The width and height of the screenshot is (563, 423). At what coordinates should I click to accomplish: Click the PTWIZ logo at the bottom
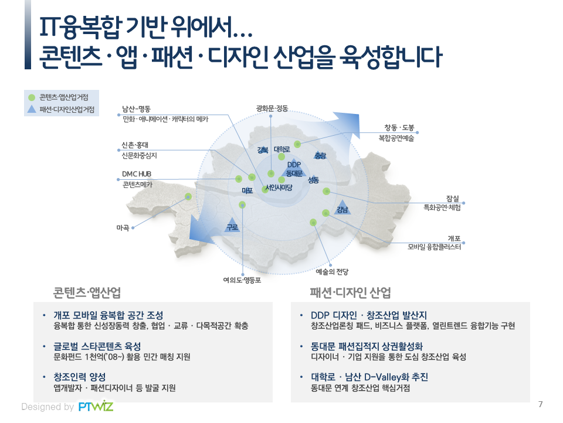(96, 406)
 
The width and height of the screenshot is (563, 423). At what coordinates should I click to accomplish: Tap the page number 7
(540, 404)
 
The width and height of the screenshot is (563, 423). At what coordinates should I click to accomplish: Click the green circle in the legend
(32, 98)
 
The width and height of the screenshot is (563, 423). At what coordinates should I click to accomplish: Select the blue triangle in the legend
(32, 109)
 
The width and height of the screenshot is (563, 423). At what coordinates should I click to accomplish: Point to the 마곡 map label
(123, 228)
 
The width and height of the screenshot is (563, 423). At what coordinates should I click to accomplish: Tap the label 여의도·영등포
(242, 280)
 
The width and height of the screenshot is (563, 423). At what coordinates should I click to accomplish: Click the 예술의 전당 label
(332, 271)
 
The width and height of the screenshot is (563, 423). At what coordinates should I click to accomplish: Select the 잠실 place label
(453, 199)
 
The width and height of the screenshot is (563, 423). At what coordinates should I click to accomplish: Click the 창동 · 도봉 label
(399, 127)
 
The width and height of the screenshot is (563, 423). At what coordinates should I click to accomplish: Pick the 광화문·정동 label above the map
(272, 108)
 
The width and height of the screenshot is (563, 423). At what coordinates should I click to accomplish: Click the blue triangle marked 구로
(232, 225)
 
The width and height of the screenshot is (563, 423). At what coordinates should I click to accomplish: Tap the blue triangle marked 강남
(342, 207)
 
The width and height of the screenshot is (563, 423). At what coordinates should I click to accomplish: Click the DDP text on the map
(294, 164)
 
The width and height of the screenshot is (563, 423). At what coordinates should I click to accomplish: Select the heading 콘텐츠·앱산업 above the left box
(87, 293)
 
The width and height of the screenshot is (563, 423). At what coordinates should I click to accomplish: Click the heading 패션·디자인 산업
(351, 293)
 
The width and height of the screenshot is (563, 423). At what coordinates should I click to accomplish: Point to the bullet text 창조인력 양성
(80, 377)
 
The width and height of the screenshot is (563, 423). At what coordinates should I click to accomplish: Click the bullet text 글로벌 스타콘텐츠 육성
(97, 347)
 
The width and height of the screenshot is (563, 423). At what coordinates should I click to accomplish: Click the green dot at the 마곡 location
(188, 196)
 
